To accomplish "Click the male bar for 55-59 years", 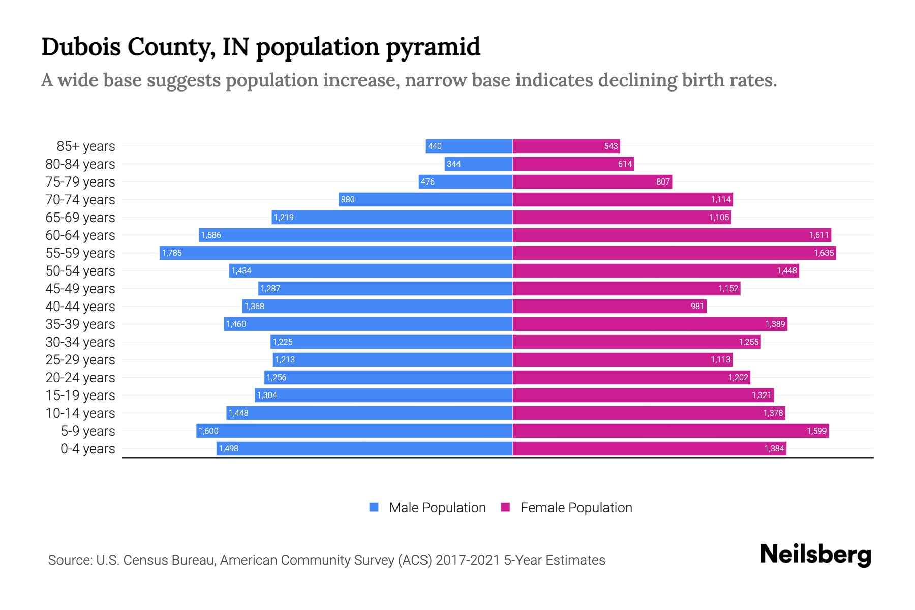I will coord(335,253).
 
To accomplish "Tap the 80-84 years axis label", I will coord(80,164).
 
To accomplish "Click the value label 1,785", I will coord(172,253).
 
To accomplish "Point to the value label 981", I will coord(697,306).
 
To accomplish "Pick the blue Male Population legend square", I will coord(374,507).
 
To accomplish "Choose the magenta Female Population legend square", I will coord(505,507).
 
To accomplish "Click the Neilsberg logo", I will coord(815,555).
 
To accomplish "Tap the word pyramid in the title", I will coord(433,47).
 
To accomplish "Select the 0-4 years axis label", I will coord(87,449).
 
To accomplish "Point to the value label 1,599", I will coord(816,431).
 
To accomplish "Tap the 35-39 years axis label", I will coord(80,324).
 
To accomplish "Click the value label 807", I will coord(663,181).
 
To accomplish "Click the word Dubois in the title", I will coord(80,47).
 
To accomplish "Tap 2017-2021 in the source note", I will coord(468,560).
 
